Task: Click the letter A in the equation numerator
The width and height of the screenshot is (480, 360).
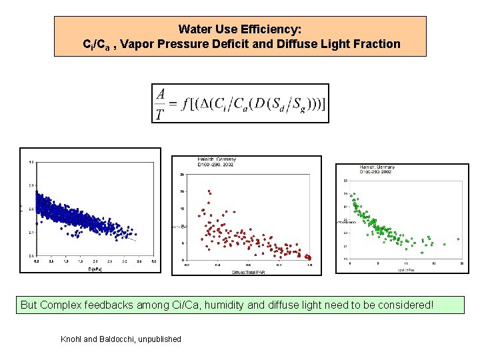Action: pos(160,94)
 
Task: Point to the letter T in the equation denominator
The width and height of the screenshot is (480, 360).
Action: pos(160,114)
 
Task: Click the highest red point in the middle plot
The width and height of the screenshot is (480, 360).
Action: pos(209,191)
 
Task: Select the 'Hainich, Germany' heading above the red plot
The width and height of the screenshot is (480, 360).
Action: pos(217,159)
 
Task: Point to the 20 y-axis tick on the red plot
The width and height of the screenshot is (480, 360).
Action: pos(182,192)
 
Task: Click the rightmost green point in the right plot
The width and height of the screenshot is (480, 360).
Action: pos(458,239)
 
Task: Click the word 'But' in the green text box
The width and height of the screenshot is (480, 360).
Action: pos(29,305)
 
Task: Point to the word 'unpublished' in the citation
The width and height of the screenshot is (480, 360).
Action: pos(159,339)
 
